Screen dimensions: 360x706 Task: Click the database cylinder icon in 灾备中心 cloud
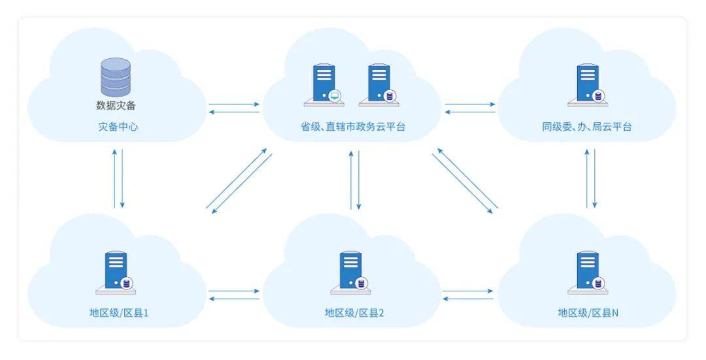coord(116,78)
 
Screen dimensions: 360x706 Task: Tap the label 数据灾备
coord(116,105)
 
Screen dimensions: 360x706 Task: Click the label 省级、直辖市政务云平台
coord(353,127)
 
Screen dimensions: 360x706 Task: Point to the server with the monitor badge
coord(323,84)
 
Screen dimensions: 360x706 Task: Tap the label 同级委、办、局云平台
coord(586,127)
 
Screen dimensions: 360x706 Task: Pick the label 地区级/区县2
coord(354,313)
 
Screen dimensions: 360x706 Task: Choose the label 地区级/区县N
coord(588,313)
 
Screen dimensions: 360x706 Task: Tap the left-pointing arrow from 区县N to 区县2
coord(468,299)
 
